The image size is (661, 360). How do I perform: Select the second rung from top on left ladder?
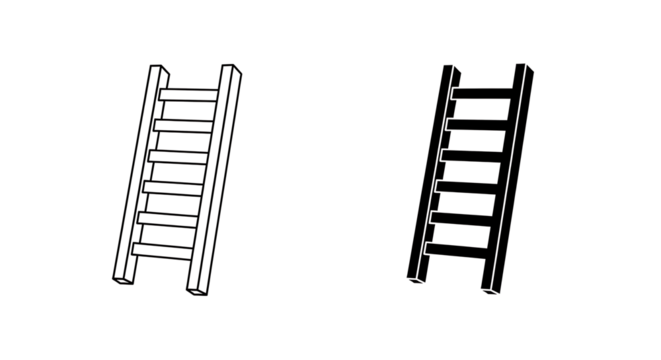pos(185,124)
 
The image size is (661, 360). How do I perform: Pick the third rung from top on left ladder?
pos(179,155)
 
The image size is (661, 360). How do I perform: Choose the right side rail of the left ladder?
pos(213,180)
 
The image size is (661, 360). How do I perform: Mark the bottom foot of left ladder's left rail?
pos(119,281)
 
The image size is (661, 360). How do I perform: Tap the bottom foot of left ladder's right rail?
pos(195,291)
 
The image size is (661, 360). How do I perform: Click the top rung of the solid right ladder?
pos(485,93)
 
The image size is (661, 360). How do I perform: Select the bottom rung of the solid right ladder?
pos(457,248)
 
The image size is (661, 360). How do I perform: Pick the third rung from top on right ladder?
pos(474,155)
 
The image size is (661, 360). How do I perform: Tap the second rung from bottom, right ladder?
pos(463,217)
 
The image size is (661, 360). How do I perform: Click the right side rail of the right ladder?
pos(507,180)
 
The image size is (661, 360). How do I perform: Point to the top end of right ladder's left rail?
pos(449,67)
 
